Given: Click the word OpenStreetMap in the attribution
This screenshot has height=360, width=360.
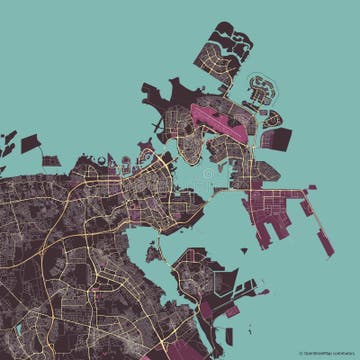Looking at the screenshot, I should pos(318,352).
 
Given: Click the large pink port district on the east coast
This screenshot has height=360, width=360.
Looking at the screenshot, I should pos(275,200).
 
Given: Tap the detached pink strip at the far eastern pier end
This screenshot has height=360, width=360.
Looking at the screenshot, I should pos(326,240).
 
